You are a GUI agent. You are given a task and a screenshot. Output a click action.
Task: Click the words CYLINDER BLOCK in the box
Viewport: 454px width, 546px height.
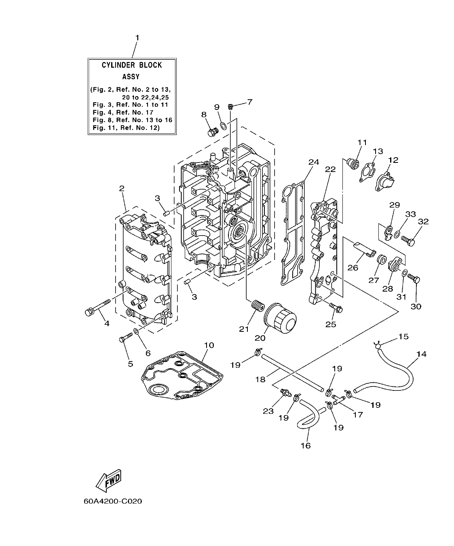[131, 65]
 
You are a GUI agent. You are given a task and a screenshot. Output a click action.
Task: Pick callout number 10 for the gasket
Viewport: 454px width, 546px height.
[209, 345]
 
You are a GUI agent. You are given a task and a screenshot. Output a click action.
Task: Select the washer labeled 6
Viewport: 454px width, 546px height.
[137, 332]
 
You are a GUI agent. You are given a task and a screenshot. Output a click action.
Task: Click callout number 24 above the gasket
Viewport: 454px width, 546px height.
[314, 162]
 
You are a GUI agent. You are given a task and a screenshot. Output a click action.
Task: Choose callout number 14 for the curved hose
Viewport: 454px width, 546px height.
[421, 354]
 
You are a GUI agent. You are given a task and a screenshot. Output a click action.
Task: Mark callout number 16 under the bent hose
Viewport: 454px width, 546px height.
[306, 445]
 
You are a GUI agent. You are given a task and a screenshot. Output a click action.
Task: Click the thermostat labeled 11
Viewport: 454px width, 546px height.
[355, 164]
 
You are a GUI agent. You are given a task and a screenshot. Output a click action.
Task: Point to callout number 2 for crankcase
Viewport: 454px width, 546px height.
[122, 188]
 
